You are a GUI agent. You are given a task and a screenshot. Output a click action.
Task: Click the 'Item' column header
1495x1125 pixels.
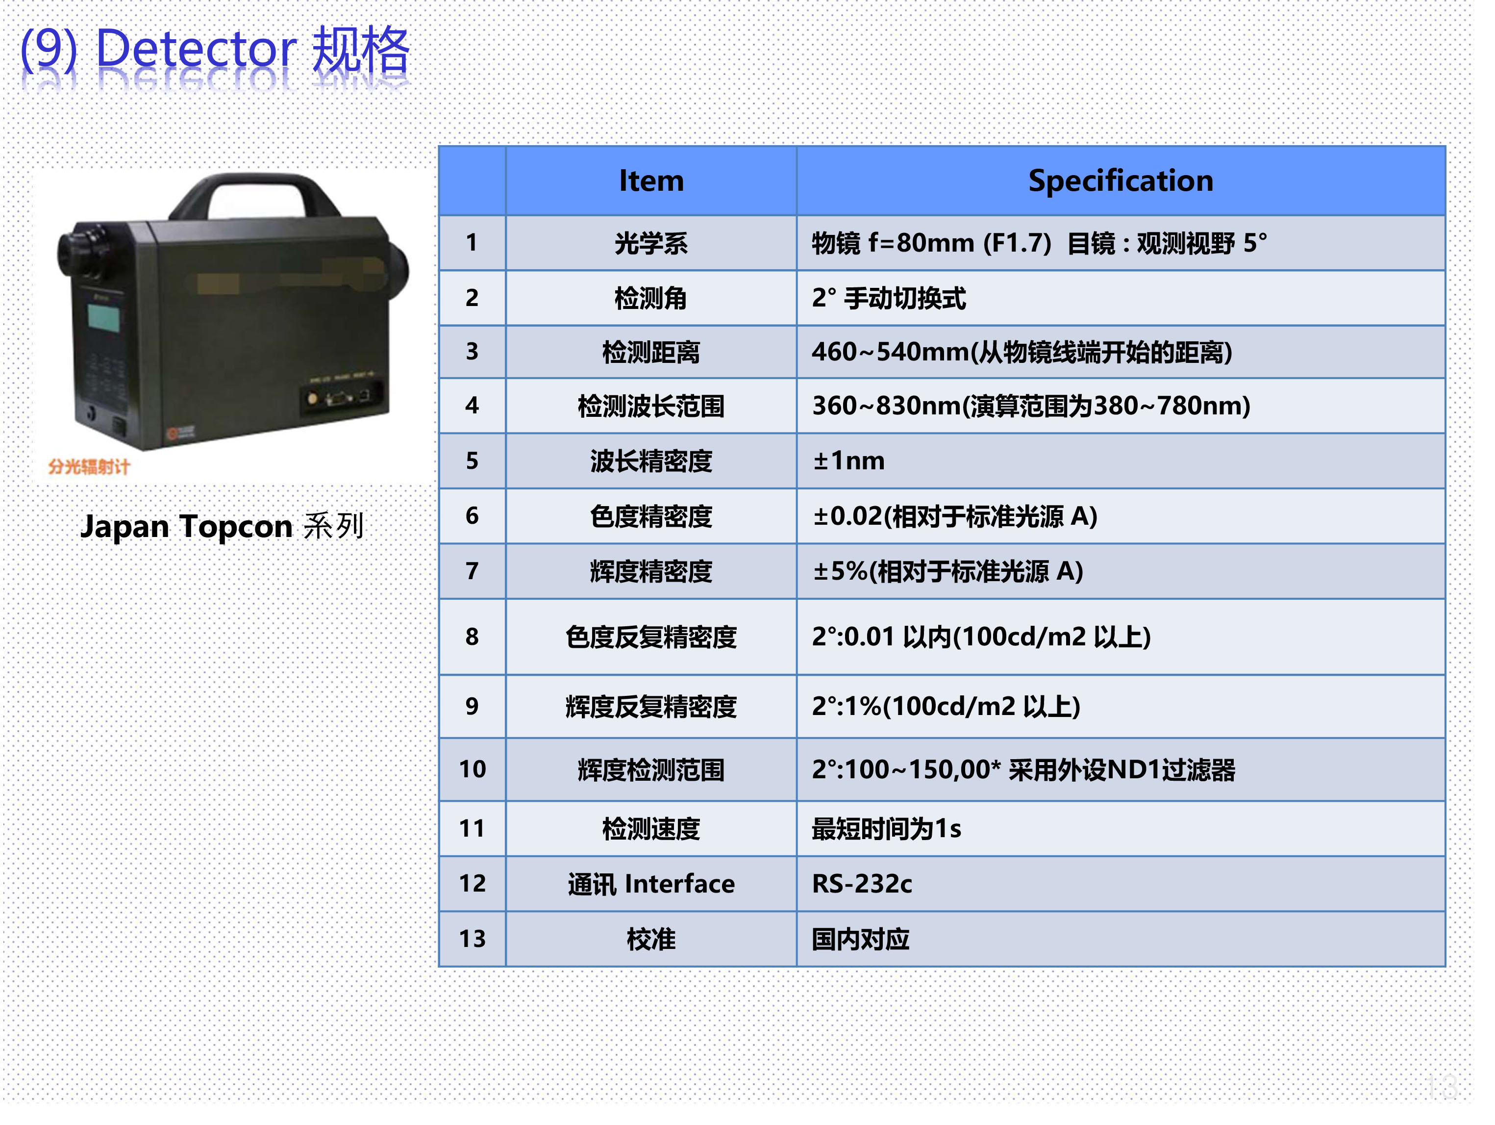pos(651,180)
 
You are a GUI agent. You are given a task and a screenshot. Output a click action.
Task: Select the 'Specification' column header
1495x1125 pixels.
pos(1121,180)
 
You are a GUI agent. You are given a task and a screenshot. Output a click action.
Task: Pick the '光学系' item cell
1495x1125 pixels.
pos(651,243)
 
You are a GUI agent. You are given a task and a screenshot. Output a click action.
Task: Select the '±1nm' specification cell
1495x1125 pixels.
pos(1121,460)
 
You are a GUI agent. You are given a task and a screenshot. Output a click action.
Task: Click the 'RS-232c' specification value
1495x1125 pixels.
pos(862,883)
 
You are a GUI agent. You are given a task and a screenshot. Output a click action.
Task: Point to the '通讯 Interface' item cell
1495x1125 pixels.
pos(651,883)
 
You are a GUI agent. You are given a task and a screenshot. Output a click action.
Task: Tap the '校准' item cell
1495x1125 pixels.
pos(651,939)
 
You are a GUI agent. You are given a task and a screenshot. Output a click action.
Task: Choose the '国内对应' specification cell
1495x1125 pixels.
pos(1121,939)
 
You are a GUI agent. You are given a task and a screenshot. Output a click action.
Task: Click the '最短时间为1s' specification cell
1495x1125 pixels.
pos(1121,828)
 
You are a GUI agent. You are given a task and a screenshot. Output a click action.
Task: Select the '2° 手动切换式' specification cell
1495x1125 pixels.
pos(1121,298)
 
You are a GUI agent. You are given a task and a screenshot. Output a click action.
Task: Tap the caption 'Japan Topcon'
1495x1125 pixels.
pos(186,526)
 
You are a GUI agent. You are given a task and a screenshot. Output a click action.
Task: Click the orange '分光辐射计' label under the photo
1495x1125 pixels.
pos(89,466)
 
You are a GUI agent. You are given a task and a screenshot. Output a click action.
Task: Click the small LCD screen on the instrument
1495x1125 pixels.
pos(103,317)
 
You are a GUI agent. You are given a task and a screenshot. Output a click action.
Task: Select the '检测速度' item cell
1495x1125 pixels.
pos(651,828)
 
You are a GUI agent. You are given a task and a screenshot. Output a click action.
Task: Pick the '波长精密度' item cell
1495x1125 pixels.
pos(651,460)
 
